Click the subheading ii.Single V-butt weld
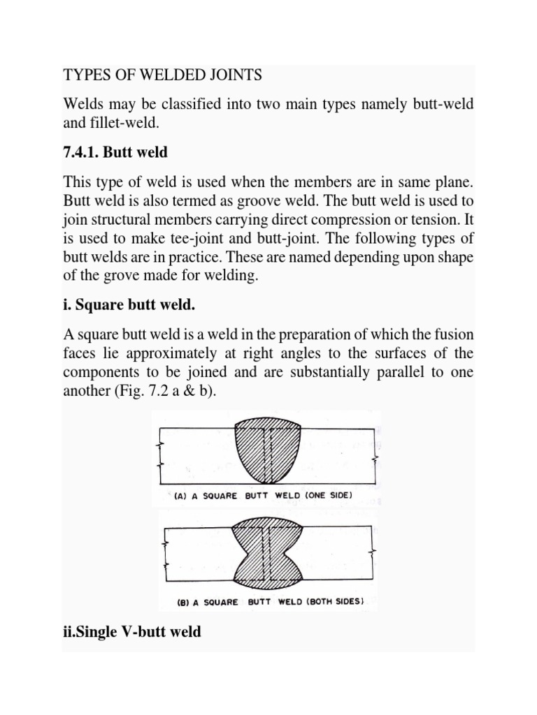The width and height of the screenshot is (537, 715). pyautogui.click(x=131, y=632)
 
